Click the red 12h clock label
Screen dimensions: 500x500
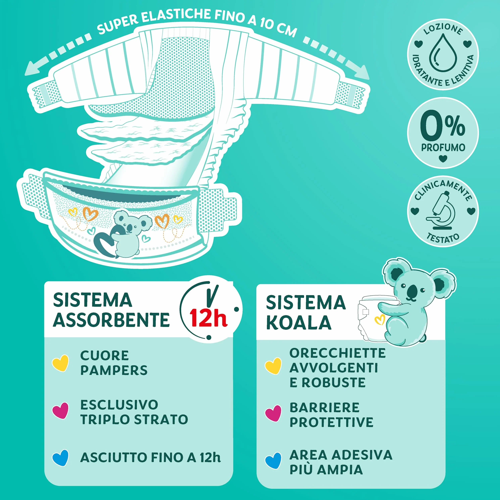point(208,318)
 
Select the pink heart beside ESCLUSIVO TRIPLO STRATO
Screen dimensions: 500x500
point(61,411)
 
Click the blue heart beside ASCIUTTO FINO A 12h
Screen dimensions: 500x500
point(61,458)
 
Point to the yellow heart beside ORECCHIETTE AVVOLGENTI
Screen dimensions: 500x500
point(273,366)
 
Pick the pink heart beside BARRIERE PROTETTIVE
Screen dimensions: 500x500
point(273,413)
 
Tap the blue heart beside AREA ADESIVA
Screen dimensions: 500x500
point(273,461)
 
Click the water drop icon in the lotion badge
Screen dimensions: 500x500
point(443,53)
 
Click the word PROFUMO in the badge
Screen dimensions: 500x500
point(443,148)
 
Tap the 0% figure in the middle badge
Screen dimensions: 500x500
point(443,125)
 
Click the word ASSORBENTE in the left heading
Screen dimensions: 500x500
point(111,320)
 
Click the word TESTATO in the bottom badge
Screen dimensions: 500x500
point(443,238)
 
